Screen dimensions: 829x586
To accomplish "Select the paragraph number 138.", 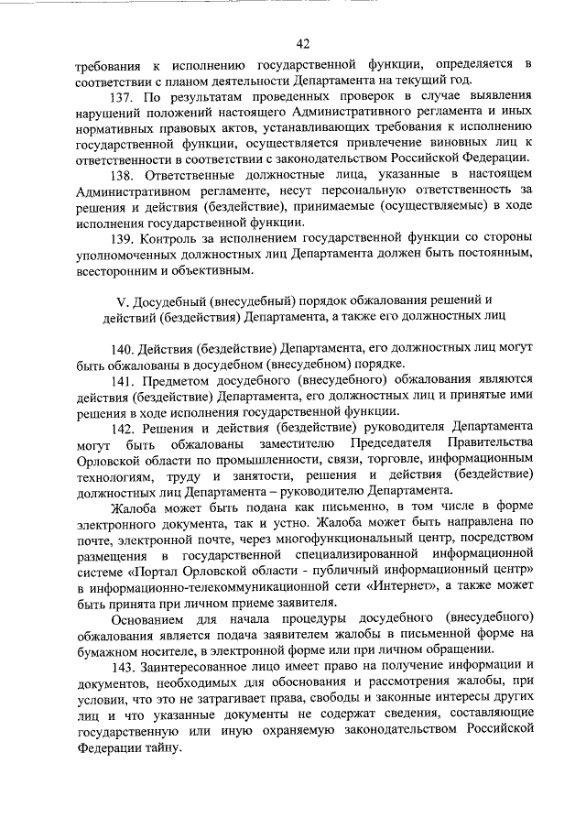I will point(123,175).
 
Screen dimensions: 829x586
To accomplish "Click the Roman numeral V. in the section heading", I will point(122,301).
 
